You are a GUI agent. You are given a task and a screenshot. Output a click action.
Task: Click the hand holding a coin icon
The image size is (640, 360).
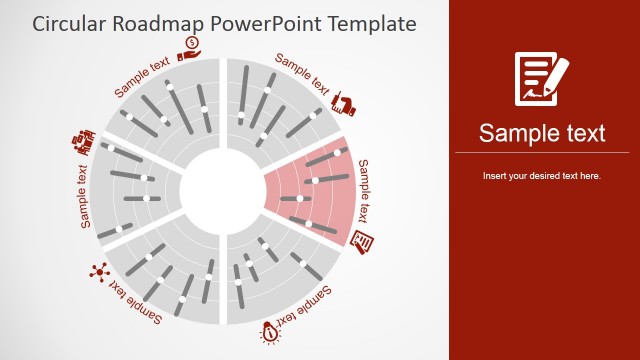[x=192, y=46]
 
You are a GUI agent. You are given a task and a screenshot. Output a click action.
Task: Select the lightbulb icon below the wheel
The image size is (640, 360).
[x=269, y=331]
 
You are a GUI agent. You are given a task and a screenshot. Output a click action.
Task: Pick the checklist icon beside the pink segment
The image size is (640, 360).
[x=365, y=241]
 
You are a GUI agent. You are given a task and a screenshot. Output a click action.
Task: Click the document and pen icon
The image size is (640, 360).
[x=541, y=77]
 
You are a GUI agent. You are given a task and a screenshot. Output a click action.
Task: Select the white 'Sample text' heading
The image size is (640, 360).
[x=541, y=133]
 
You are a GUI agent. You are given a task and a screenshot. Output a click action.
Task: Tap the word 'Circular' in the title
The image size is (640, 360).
[x=69, y=22]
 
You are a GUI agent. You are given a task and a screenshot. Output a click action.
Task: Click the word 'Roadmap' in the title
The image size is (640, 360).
[x=159, y=22]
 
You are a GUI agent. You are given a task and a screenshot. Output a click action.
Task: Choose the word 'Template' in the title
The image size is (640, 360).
[x=365, y=22]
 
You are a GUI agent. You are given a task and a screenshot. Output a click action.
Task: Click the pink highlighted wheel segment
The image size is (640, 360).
[x=310, y=190]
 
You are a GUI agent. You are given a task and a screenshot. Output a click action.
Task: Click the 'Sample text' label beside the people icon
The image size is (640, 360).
[x=84, y=194]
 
